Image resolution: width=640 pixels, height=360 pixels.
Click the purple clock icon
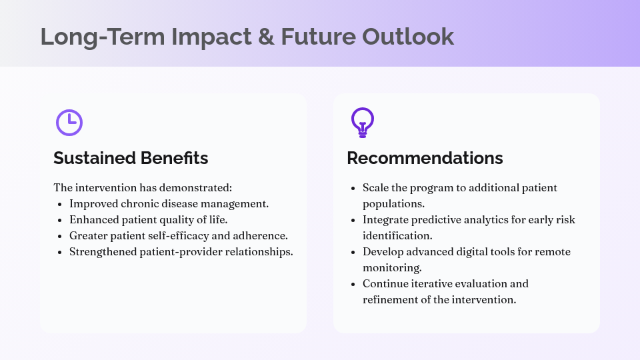point(69,122)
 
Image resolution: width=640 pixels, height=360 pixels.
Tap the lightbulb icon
point(362,122)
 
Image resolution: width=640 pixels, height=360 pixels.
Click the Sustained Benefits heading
point(131,158)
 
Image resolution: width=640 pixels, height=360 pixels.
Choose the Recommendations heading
point(425,158)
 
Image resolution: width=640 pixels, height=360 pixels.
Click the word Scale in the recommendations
point(376,187)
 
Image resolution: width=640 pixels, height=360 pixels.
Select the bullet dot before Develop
point(353,252)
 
